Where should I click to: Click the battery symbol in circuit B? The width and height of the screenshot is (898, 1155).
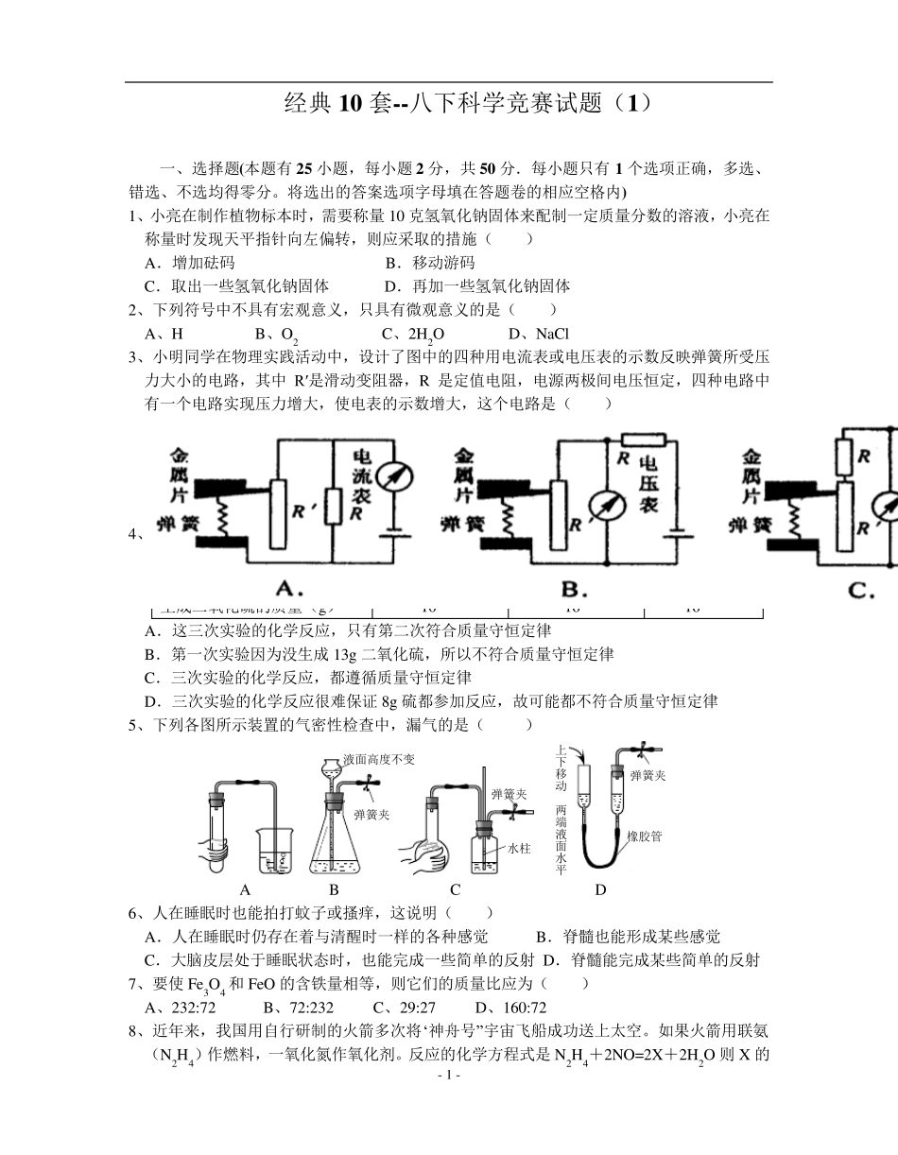click(672, 530)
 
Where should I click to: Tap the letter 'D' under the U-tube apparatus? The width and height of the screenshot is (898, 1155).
click(600, 889)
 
